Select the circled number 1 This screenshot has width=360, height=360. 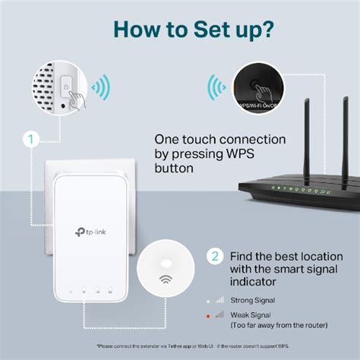[x=30, y=140]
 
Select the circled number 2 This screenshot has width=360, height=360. [x=215, y=255]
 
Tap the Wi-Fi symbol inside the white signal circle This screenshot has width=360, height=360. [x=166, y=280]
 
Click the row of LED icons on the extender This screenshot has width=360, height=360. [x=89, y=291]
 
